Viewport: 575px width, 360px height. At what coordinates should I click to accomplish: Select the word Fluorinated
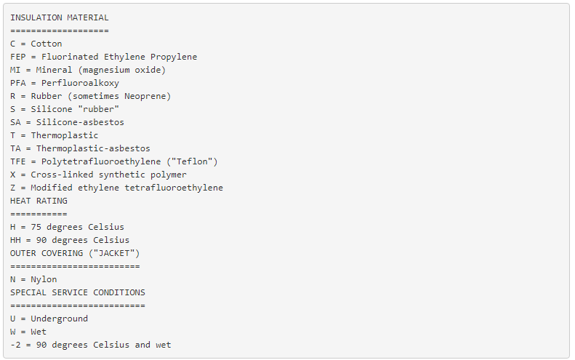tap(70, 57)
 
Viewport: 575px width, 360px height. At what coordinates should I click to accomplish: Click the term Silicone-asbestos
tap(78, 122)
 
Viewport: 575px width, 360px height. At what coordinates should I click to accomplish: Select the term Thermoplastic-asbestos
tap(91, 148)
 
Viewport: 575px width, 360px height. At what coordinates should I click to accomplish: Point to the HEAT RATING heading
tap(39, 201)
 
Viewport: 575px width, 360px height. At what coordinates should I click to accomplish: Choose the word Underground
tap(57, 319)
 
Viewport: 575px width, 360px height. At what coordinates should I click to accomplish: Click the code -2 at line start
tap(15, 345)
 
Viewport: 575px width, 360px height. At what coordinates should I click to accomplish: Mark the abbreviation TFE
tap(17, 161)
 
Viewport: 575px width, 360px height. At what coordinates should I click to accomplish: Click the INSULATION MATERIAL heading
tap(60, 17)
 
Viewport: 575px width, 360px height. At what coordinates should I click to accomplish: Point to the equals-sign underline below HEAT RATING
tap(39, 214)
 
